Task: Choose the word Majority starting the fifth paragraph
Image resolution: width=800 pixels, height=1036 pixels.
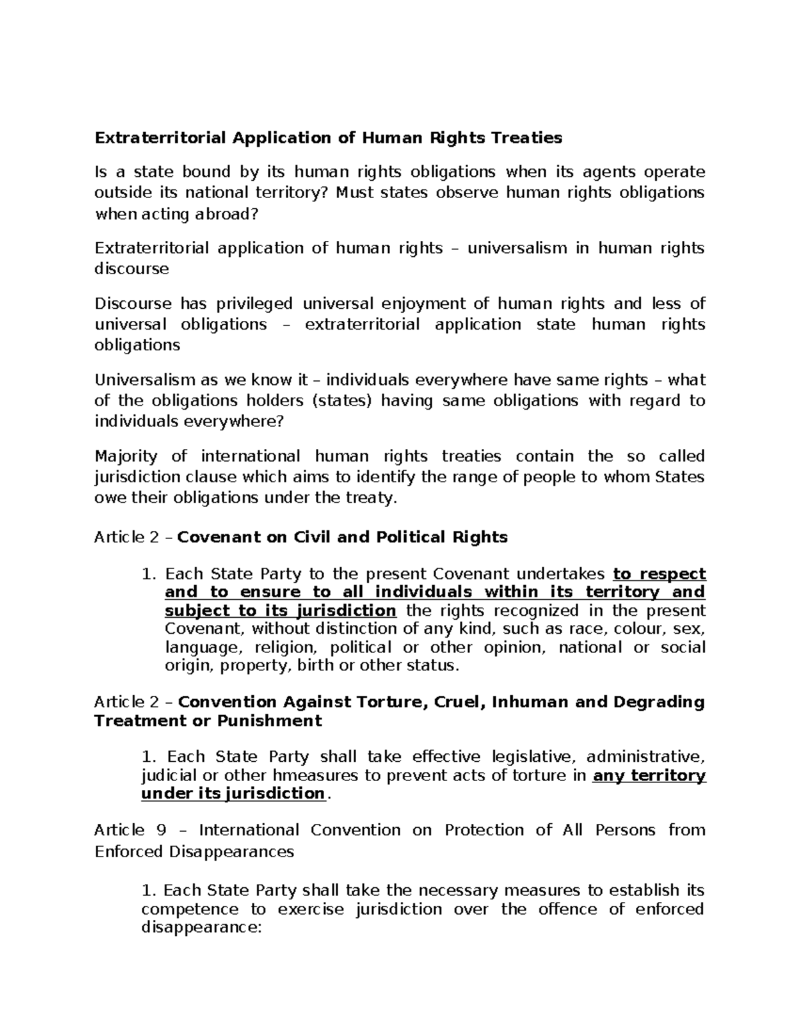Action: (x=126, y=457)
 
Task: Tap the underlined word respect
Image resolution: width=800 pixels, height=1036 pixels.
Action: (x=669, y=574)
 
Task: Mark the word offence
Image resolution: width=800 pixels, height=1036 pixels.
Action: (x=565, y=910)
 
